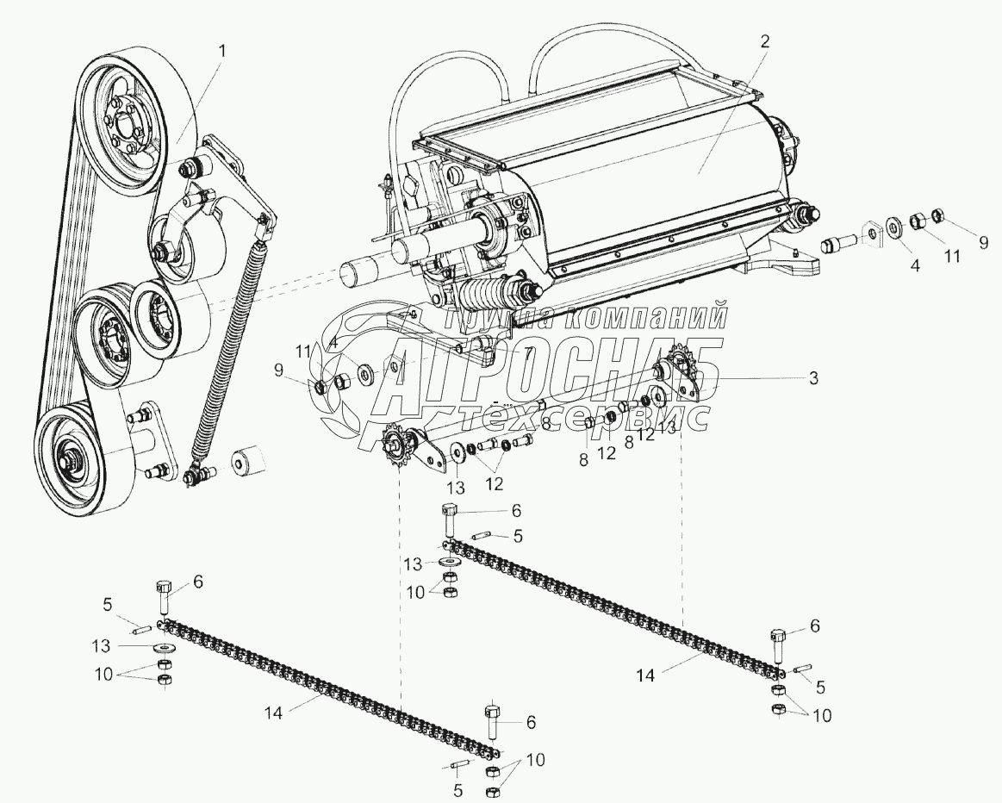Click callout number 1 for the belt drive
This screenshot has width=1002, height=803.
click(222, 51)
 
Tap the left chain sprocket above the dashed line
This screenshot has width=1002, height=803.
click(396, 442)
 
